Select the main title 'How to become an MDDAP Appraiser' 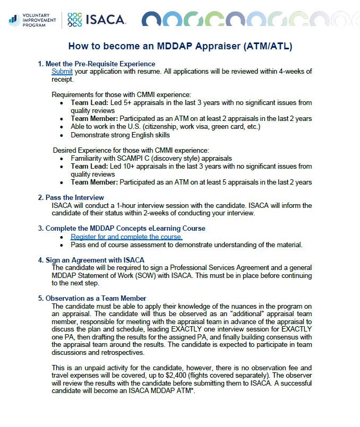[x=180, y=46]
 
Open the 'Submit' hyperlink [x=62, y=72]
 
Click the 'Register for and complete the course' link [x=126, y=237]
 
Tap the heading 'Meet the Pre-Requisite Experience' [x=100, y=64]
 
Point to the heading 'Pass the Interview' [x=79, y=197]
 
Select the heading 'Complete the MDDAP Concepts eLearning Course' [x=125, y=229]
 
